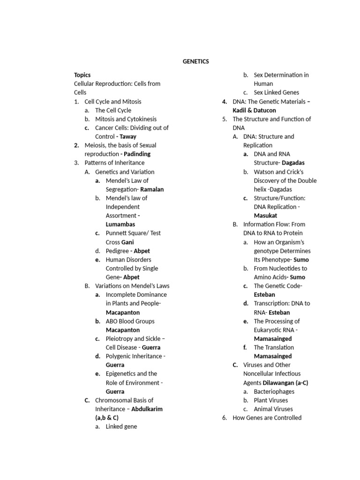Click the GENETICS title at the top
pos(196,61)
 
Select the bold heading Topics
pos(82,75)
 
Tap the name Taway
pos(128,136)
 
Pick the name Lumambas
pos(120,225)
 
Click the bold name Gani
pos(127,242)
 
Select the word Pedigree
pos(117,251)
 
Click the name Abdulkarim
pos(147,409)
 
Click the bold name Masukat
pos(265,216)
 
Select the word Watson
pos(265,172)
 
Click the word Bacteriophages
pos(274,391)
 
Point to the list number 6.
pos(224,418)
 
